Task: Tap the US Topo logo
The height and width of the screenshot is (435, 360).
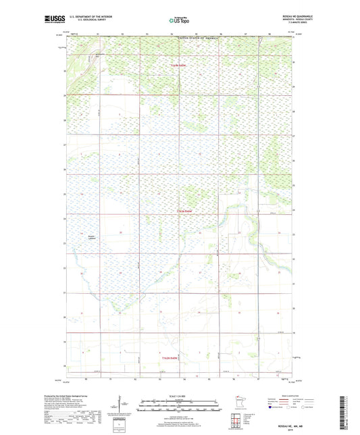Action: (x=178, y=21)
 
